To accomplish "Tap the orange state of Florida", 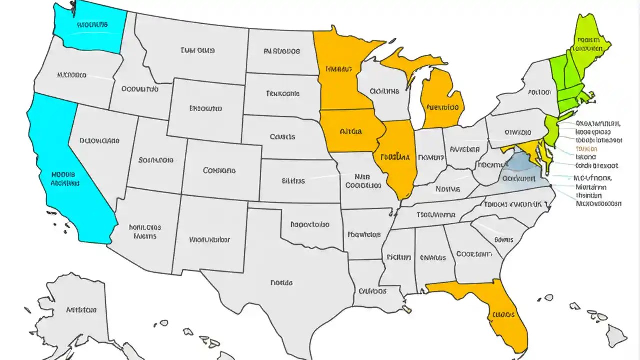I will point(500,310).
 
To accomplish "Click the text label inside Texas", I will point(281,282).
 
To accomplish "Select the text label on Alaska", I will point(81,310).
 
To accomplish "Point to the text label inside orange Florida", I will point(503,315).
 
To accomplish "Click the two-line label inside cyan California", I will point(65,179).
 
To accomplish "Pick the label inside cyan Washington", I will point(92,24).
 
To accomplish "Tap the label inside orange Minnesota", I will point(338,69).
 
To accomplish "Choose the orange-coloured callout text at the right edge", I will point(586,149).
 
